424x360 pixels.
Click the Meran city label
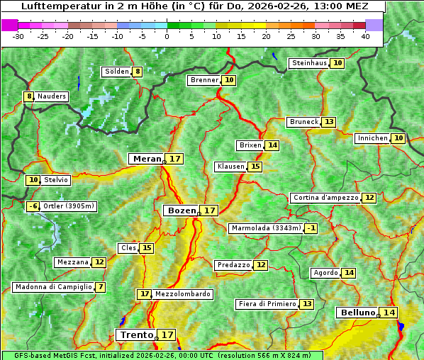point(146,159)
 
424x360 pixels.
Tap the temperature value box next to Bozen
point(209,210)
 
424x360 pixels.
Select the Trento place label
point(136,334)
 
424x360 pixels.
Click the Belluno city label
point(357,313)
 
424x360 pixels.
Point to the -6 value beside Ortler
point(33,206)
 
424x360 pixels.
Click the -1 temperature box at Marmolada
point(311,228)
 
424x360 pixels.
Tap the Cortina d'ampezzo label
point(325,198)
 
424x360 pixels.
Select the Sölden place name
point(116,72)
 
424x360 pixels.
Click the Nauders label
point(51,96)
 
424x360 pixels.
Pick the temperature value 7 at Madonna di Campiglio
point(101,287)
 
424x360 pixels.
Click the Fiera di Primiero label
point(267,304)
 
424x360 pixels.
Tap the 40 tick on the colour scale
point(365,36)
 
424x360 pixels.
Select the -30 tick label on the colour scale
point(18,36)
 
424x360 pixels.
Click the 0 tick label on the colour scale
point(167,36)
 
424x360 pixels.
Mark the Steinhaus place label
point(309,63)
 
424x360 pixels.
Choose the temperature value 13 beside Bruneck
point(329,122)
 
